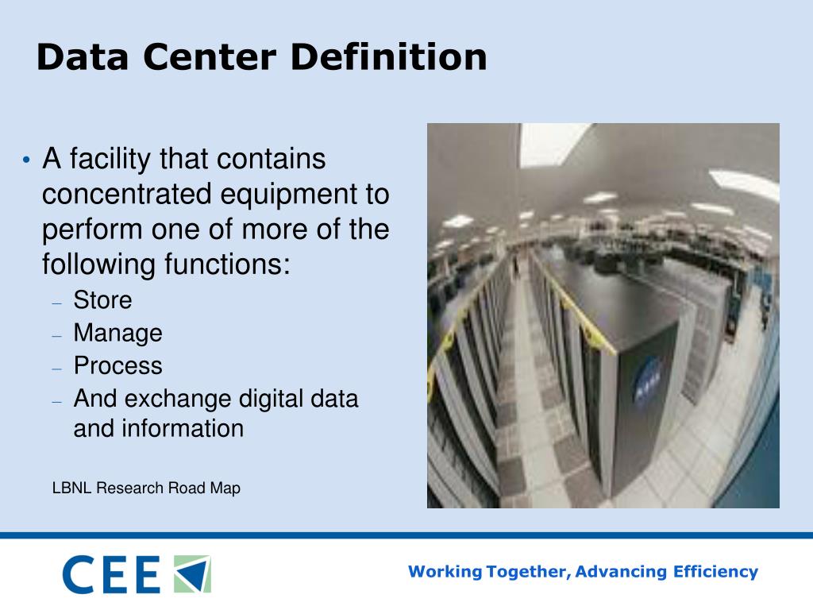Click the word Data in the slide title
[x=77, y=57]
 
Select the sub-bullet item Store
[x=102, y=300]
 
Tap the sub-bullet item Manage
[x=118, y=333]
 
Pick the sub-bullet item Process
[x=118, y=365]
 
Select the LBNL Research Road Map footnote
[x=146, y=488]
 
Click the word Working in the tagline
[x=445, y=571]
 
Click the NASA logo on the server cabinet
[x=647, y=376]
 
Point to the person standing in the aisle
[x=516, y=262]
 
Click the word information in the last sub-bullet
[x=182, y=429]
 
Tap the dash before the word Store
[x=56, y=303]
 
